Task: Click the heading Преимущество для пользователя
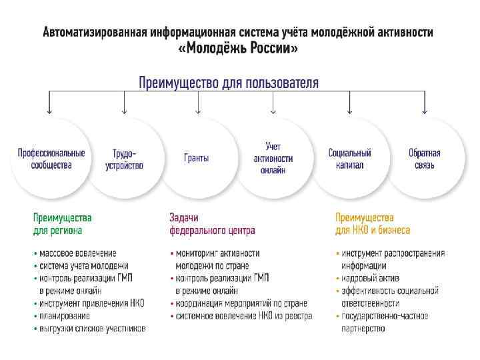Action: point(229,83)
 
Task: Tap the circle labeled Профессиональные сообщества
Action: point(51,159)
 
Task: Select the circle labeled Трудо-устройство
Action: point(124,159)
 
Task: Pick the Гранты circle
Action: point(197,159)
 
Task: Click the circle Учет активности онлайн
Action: point(273,159)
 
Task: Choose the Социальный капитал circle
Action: point(349,159)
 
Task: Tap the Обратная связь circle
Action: point(425,159)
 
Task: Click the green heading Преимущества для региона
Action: point(63,224)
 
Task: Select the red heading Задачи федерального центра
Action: point(212,224)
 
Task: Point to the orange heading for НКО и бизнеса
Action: point(373,224)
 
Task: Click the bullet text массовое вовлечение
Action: point(77,253)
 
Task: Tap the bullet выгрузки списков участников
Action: point(92,329)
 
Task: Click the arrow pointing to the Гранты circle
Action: point(198,105)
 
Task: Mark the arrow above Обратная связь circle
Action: point(425,105)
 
